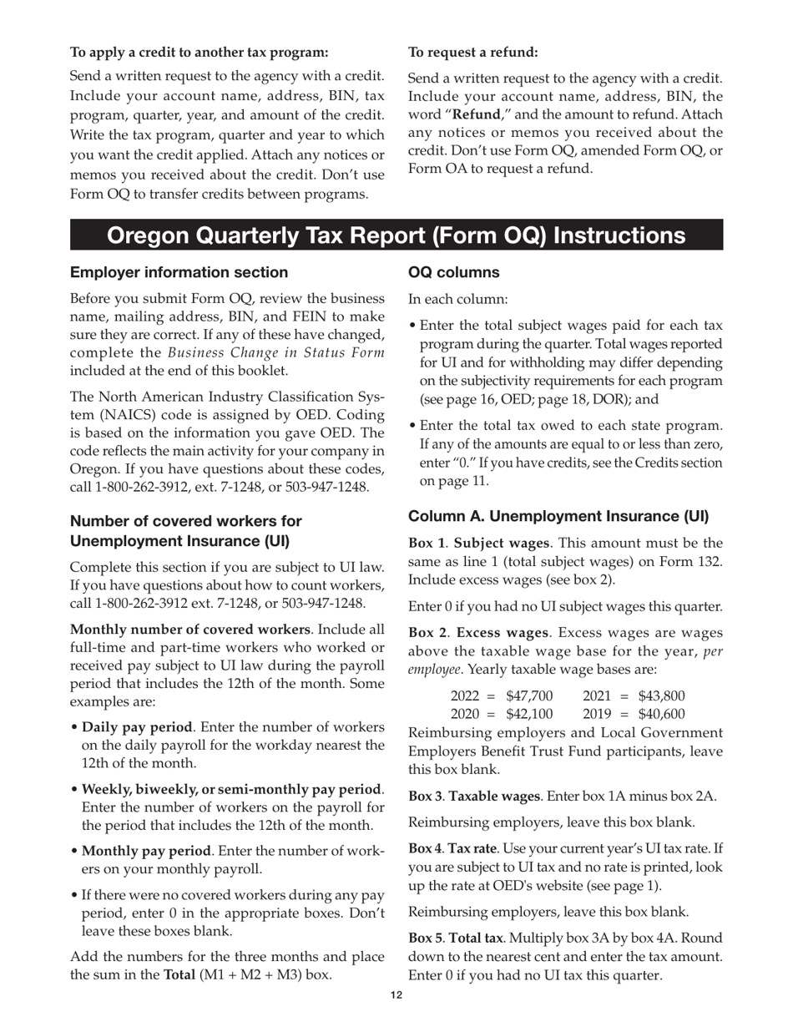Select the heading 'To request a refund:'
[472, 53]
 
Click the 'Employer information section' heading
[179, 272]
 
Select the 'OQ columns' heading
[453, 272]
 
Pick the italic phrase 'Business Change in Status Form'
[276, 352]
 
